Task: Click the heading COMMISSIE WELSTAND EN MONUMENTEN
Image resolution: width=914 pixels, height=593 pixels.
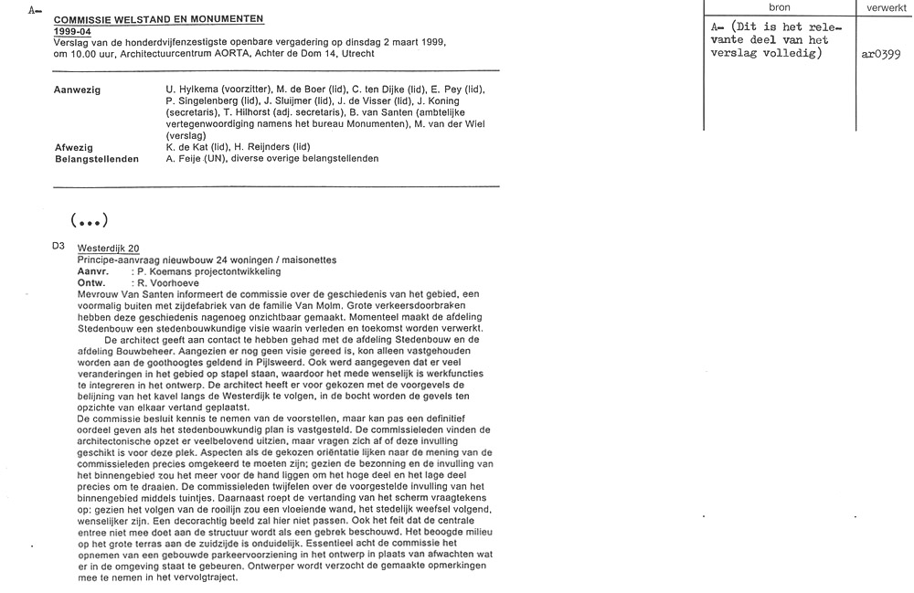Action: (158, 19)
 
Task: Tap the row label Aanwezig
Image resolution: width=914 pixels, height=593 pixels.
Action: (78, 90)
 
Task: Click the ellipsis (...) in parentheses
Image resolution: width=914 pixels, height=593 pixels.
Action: (89, 219)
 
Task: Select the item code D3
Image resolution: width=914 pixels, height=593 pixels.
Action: (59, 248)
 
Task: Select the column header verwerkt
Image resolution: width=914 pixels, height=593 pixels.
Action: (885, 6)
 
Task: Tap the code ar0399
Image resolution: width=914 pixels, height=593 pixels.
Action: (881, 54)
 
